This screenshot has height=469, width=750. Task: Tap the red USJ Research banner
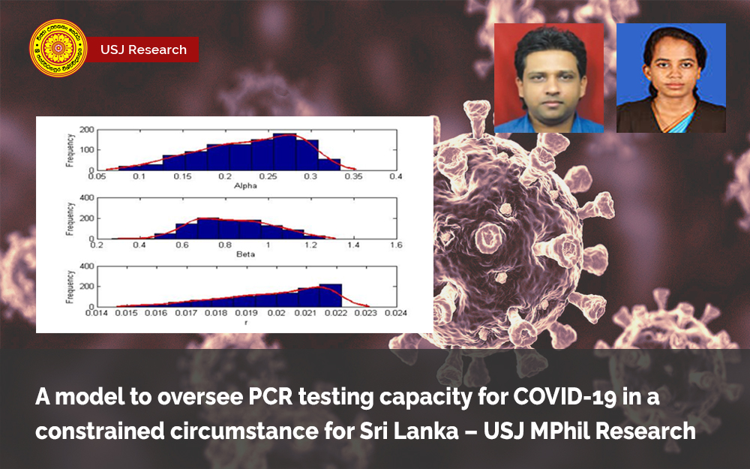pos(143,50)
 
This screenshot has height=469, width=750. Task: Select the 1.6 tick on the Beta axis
pos(396,245)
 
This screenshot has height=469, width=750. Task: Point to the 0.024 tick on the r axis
pos(396,314)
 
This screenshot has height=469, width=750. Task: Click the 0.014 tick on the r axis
pos(96,314)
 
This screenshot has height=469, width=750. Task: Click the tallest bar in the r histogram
pos(330,295)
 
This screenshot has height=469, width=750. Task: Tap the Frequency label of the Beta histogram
pos(69,218)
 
